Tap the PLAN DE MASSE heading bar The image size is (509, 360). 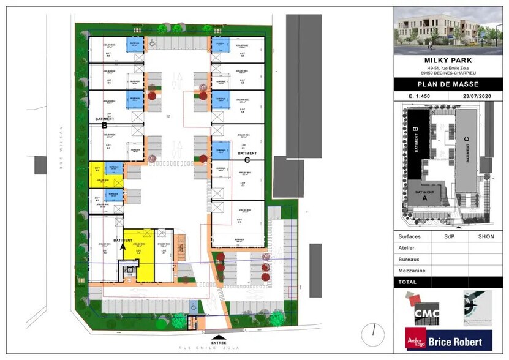[448, 84]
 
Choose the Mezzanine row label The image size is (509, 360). [412, 270]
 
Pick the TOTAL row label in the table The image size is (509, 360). [407, 282]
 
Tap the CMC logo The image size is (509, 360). [426, 312]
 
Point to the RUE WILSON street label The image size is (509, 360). [62, 144]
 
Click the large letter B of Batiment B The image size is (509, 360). [105, 126]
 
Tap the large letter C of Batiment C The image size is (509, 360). [247, 160]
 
